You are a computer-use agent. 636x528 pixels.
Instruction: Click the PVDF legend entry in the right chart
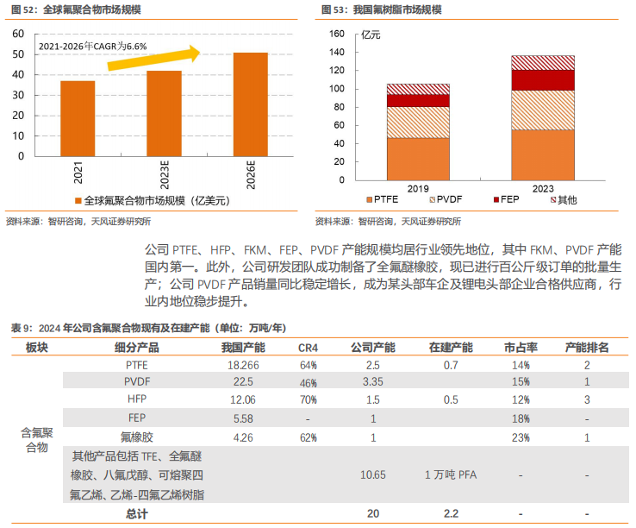pyautogui.click(x=445, y=200)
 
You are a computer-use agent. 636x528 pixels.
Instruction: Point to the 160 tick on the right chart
pyautogui.click(x=337, y=34)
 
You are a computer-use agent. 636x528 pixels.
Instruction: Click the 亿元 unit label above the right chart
pyautogui.click(x=370, y=35)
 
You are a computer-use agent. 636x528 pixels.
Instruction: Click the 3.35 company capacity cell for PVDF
pyautogui.click(x=373, y=382)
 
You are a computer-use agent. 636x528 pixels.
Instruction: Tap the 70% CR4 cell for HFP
pyautogui.click(x=308, y=399)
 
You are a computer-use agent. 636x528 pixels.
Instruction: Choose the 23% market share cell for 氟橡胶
pyautogui.click(x=520, y=437)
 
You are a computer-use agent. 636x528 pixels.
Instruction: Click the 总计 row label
pyautogui.click(x=136, y=513)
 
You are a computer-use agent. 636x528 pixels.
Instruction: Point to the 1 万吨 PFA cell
pyautogui.click(x=451, y=475)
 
